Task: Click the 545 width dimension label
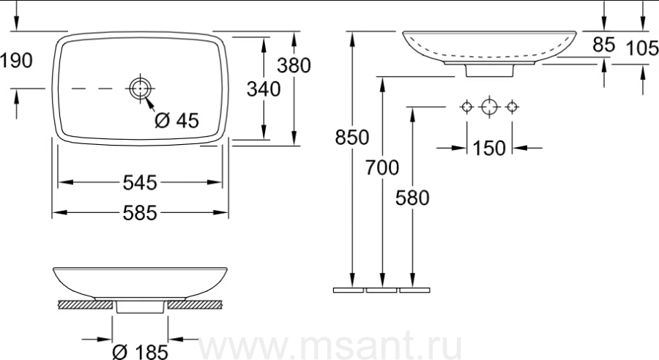click(x=140, y=183)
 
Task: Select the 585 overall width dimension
click(x=140, y=213)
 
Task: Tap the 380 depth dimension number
click(x=294, y=66)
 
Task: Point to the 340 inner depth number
click(x=264, y=89)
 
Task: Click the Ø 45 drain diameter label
click(x=176, y=121)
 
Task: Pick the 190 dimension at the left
click(x=16, y=61)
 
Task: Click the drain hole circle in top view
click(x=140, y=89)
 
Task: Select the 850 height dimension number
click(x=352, y=138)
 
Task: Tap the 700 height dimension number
click(x=382, y=168)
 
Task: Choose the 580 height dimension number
click(x=412, y=198)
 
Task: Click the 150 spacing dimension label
click(x=489, y=149)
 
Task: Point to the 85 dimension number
click(x=604, y=45)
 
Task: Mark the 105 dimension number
click(x=642, y=48)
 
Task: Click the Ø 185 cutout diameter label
click(x=141, y=352)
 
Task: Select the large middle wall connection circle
click(x=489, y=107)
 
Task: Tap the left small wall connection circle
click(x=467, y=107)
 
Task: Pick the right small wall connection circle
click(x=512, y=107)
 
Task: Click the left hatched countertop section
click(x=86, y=304)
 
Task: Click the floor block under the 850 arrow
click(x=349, y=290)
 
